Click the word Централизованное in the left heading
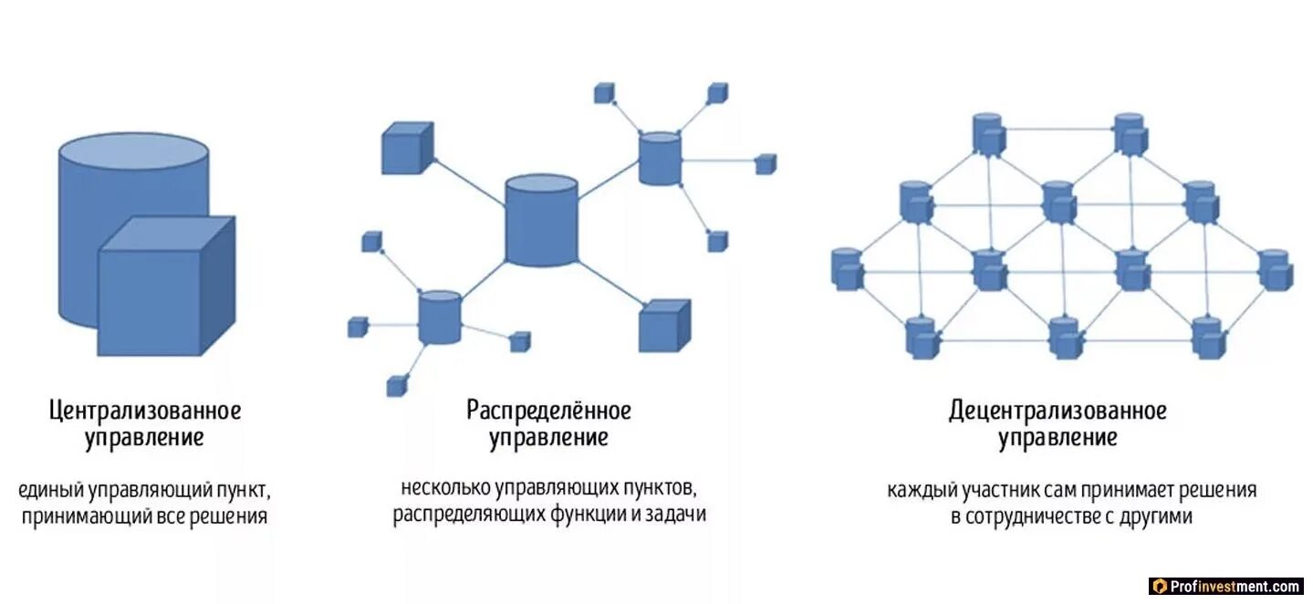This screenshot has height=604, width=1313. tap(145, 411)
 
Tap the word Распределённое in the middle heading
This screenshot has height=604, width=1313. tap(548, 411)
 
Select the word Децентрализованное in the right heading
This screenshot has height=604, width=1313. tap(1058, 411)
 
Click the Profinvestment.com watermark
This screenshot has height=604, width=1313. tap(1226, 586)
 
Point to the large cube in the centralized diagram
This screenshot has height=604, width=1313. tap(164, 287)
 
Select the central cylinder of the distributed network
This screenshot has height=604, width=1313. tap(542, 222)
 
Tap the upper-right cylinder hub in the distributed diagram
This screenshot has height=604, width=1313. tap(660, 159)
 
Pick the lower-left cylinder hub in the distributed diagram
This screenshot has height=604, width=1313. tap(440, 317)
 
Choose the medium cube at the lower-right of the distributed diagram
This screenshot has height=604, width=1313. tap(663, 325)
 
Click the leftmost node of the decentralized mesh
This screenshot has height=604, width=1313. tap(848, 268)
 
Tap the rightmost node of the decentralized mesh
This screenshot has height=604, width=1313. tap(1275, 269)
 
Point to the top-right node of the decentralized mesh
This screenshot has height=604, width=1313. tap(1129, 133)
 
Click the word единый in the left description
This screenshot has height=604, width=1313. tap(51, 490)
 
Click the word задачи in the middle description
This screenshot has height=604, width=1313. tap(679, 515)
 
